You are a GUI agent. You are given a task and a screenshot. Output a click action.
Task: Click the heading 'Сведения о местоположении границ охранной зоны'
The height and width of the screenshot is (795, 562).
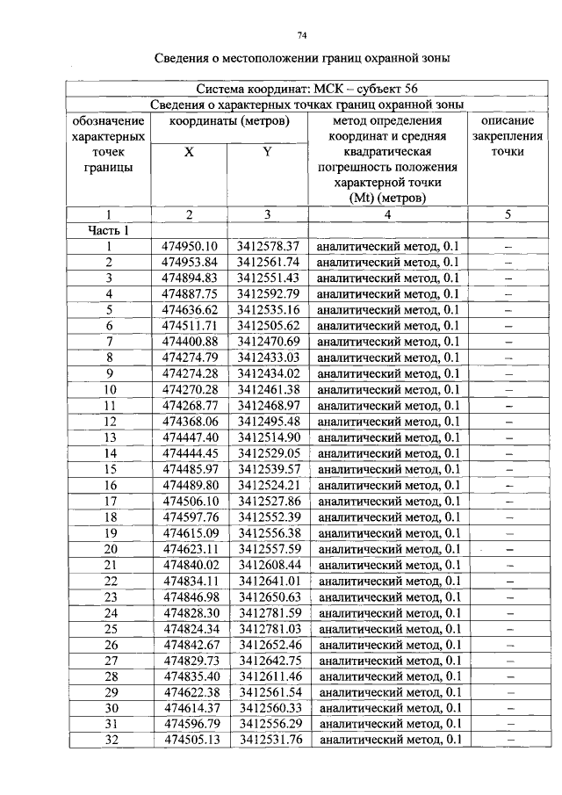(303, 59)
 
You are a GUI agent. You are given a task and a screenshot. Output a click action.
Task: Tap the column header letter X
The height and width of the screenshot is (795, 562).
(189, 151)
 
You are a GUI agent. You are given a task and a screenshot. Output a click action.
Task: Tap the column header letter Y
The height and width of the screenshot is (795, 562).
(267, 151)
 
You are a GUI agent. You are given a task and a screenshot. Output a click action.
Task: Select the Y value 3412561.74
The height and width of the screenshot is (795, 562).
(268, 262)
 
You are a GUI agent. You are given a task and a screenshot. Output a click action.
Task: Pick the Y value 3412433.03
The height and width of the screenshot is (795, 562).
(268, 358)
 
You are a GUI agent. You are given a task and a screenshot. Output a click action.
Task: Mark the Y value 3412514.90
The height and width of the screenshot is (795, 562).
(268, 437)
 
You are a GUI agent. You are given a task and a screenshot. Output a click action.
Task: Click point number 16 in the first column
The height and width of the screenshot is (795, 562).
(110, 485)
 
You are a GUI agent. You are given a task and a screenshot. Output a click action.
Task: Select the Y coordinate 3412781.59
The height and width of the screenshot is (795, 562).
(268, 612)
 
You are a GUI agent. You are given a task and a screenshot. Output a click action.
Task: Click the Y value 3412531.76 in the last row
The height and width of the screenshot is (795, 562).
(268, 740)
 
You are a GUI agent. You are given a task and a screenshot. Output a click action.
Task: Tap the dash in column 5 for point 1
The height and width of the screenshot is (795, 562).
(508, 247)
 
